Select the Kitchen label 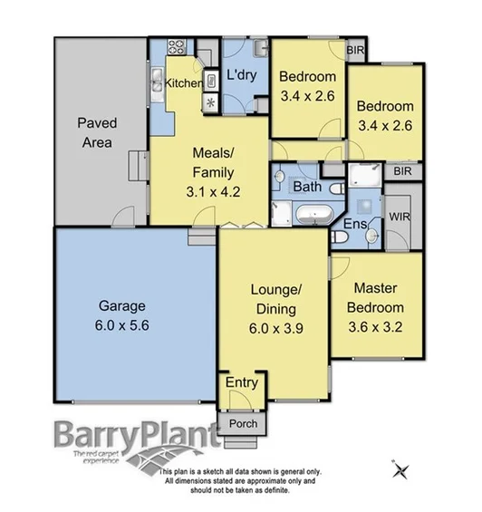(x=184, y=83)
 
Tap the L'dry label (x=242, y=75)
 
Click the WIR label (x=400, y=218)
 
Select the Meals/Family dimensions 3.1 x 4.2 (x=213, y=191)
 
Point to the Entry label (x=240, y=382)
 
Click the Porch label (x=242, y=424)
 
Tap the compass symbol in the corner (x=401, y=469)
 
